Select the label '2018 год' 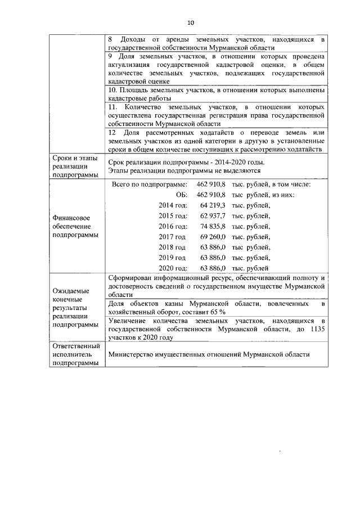172,247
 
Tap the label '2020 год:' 173,268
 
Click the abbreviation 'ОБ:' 181,195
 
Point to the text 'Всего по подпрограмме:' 149,184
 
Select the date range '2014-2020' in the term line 244,162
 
